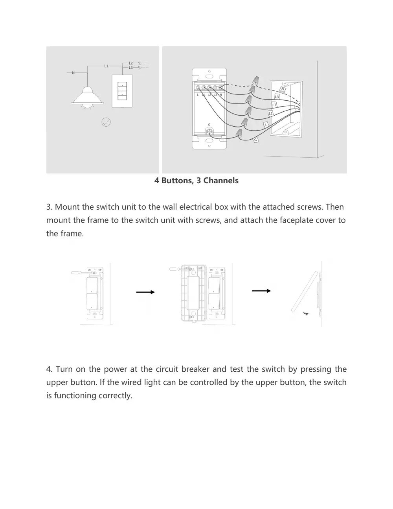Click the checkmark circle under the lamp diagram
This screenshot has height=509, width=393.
point(106,122)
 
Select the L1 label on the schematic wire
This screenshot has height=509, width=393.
point(106,66)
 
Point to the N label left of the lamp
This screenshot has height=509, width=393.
point(73,73)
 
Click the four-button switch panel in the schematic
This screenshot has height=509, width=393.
point(123,91)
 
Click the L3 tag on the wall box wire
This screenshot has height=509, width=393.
point(277,96)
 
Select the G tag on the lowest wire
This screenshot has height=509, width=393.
point(256,140)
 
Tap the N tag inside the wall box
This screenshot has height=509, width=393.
point(283,89)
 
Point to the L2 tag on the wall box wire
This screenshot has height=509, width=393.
point(274,105)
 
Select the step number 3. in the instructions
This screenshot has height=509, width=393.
point(49,207)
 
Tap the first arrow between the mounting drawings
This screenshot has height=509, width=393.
point(145,292)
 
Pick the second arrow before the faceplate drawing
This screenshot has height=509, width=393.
point(261,291)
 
